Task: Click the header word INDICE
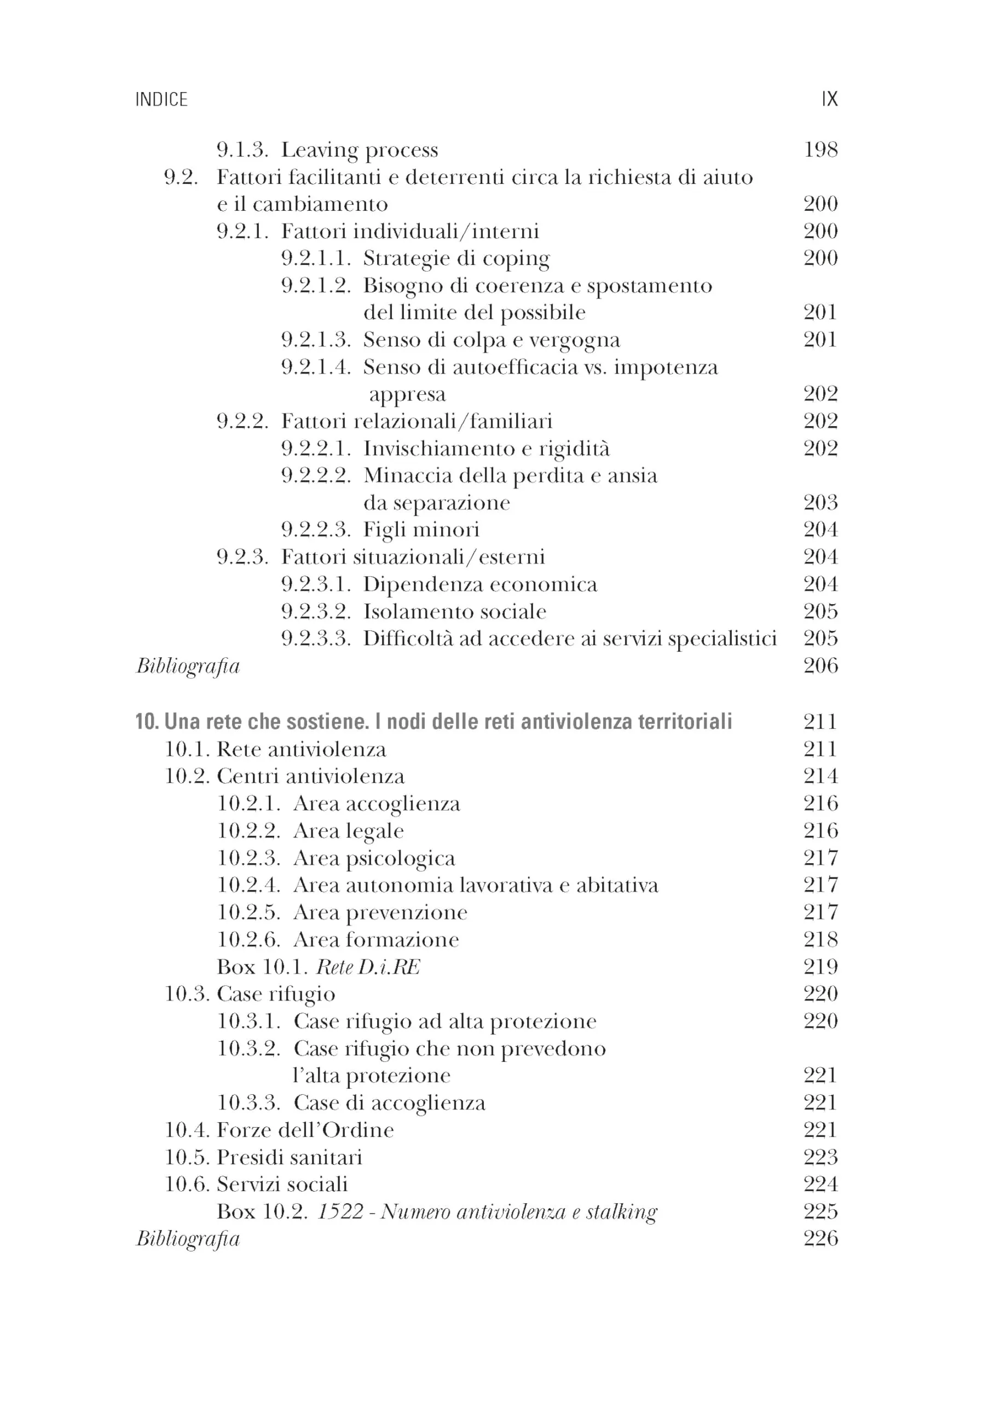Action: (x=161, y=100)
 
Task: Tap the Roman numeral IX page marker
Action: (x=829, y=99)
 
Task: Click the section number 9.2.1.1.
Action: (x=316, y=258)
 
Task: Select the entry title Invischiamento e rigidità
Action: (x=487, y=449)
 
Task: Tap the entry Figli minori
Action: (x=421, y=530)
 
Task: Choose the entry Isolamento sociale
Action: (x=454, y=612)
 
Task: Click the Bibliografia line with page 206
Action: (x=188, y=666)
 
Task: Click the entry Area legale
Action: (x=349, y=831)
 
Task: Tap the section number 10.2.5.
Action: (x=248, y=912)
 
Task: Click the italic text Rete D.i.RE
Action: (x=368, y=967)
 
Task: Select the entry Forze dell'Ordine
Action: (x=305, y=1130)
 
